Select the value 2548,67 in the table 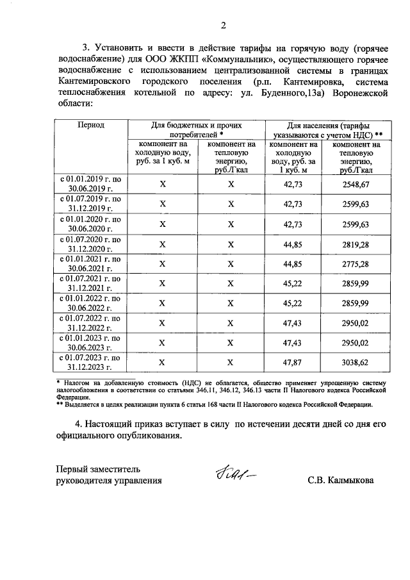[356, 185]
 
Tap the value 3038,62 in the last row [356, 361]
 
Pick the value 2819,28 [356, 244]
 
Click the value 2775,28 [356, 263]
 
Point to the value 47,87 [293, 361]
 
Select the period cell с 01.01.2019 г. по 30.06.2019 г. [91, 185]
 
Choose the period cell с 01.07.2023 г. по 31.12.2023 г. [91, 361]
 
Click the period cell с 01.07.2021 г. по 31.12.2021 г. [91, 283]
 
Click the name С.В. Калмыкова [339, 480]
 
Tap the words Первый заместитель [97, 469]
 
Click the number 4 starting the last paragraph [78, 424]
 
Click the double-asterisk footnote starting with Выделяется [218, 404]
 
